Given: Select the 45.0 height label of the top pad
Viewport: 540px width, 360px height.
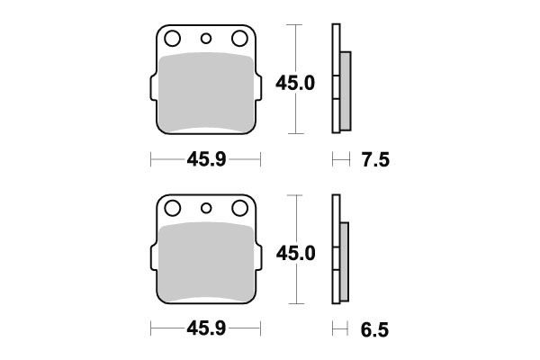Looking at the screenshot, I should point(295,84).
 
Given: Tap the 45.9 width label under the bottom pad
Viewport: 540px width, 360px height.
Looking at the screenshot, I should point(206,328).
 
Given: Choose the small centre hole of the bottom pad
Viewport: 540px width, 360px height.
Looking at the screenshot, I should point(206,208).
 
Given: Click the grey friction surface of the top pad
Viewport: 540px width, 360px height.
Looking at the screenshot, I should point(206,94).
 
